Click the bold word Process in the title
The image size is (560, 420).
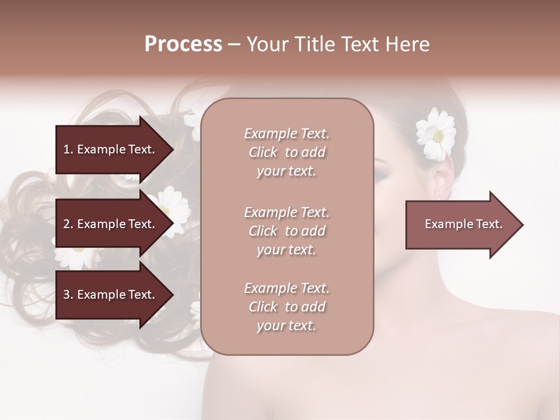[x=183, y=44]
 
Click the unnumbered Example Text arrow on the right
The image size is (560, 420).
[x=463, y=225]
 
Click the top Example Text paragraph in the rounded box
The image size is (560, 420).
[x=286, y=152]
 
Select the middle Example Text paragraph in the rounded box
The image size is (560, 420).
[x=286, y=230]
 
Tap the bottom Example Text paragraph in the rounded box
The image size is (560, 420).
[x=286, y=307]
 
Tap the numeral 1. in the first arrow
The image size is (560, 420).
[x=68, y=149]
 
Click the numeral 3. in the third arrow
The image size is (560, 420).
[x=68, y=295]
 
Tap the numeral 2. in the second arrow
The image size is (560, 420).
[x=68, y=224]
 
